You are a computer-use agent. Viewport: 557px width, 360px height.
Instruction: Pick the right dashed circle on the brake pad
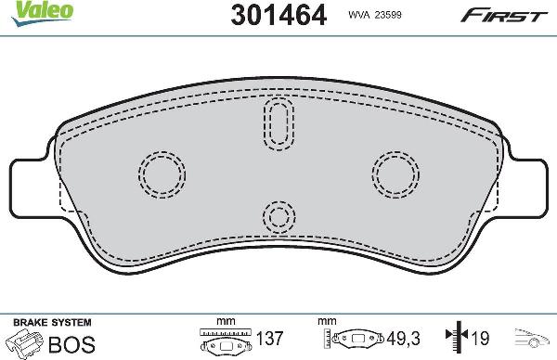click(x=396, y=173)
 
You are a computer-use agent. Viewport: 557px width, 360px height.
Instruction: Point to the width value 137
click(x=269, y=341)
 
